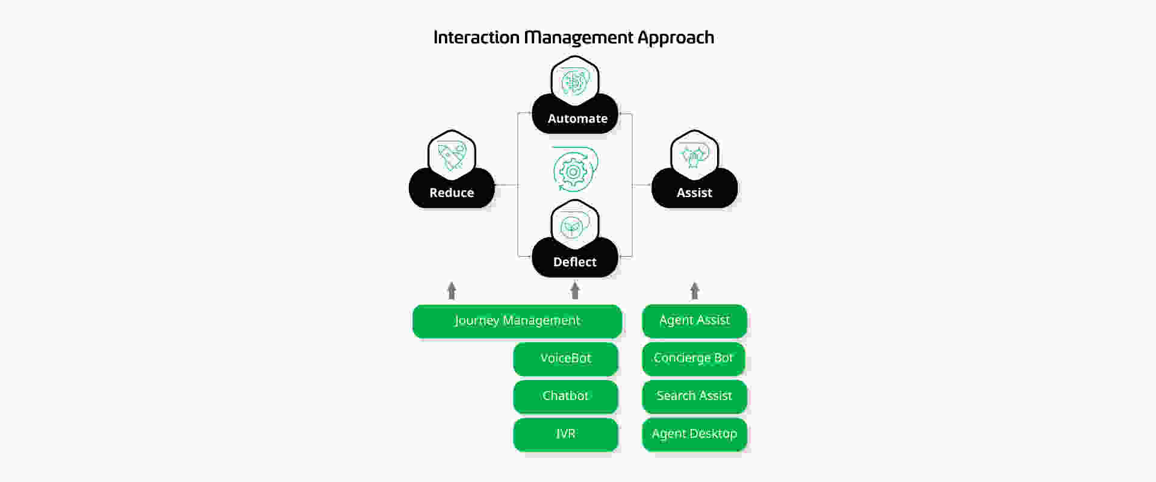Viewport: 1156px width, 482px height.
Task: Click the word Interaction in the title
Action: (476, 37)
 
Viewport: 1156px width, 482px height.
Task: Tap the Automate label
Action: (577, 119)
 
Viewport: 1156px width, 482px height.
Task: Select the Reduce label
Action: (452, 193)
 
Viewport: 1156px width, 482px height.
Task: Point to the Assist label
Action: (694, 193)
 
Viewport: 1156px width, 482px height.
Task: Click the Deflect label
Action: (575, 262)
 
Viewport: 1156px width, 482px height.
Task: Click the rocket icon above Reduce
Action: (452, 155)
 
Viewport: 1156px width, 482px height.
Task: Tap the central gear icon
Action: (575, 169)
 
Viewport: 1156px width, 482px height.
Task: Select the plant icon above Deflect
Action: (571, 227)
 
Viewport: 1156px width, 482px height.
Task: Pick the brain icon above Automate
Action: (575, 81)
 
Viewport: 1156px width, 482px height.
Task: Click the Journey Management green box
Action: (517, 321)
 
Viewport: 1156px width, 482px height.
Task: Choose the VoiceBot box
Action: (565, 359)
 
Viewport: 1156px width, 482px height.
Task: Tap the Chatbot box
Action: (565, 396)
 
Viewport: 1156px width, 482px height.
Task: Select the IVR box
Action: (565, 434)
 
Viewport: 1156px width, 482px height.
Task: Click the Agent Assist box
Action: (694, 321)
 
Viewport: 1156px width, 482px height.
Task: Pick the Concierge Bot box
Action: (694, 359)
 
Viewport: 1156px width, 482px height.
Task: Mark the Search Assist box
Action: (694, 396)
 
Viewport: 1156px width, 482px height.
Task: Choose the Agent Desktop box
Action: (694, 434)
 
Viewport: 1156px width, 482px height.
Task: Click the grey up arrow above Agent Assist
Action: (695, 290)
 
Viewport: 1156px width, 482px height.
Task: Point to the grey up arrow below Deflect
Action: (575, 290)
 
